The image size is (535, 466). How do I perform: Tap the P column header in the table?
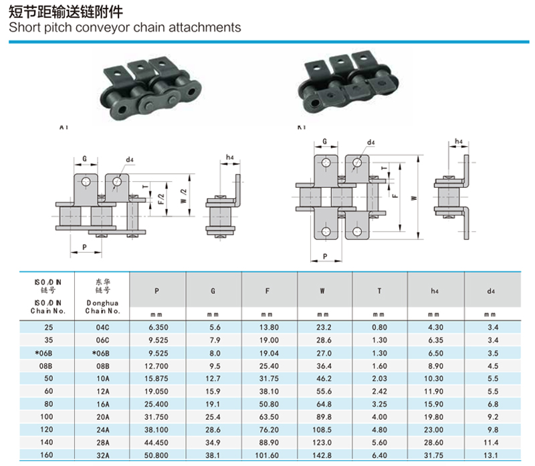coord(156,290)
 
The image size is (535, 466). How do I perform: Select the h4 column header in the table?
coord(435,290)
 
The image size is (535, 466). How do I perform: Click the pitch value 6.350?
coord(156,328)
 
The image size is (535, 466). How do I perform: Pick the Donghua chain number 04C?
coord(102,328)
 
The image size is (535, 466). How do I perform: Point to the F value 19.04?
coord(267,354)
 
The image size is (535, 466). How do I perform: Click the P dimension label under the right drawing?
coord(324,256)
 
